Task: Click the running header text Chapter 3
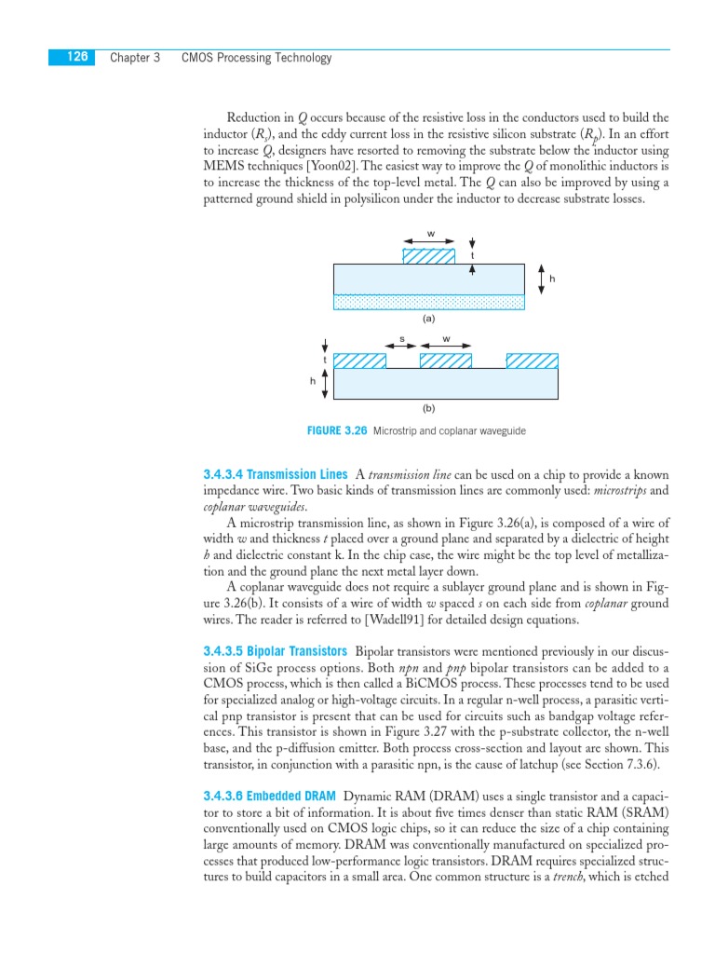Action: (135, 58)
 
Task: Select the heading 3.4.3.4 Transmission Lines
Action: (276, 474)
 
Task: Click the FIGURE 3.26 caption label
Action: (337, 431)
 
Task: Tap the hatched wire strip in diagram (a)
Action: (428, 255)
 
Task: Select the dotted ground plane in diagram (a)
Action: (428, 302)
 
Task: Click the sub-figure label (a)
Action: (428, 318)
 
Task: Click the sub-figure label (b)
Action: (428, 407)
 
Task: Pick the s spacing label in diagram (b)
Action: (402, 338)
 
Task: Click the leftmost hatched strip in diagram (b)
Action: (359, 361)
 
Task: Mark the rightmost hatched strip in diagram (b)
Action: (532, 361)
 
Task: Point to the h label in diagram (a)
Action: (552, 279)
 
